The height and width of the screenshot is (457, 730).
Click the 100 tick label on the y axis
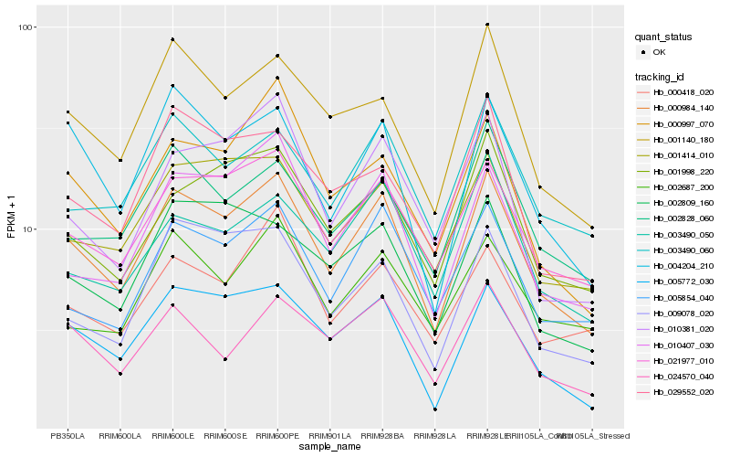(26, 27)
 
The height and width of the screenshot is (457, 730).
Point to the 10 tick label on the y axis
(27, 229)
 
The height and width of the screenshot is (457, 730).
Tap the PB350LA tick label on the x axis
(68, 436)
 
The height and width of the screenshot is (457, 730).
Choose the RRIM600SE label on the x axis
(224, 436)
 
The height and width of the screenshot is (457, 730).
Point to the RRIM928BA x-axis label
(382, 436)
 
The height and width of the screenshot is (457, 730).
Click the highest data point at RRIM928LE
(487, 25)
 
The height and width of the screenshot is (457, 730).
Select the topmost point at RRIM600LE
(172, 39)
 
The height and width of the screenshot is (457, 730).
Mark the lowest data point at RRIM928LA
(435, 409)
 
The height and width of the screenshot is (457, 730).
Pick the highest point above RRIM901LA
(330, 116)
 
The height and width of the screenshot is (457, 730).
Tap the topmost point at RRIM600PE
(277, 56)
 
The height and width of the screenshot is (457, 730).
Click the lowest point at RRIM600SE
(224, 359)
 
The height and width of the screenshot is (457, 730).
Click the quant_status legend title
(666, 37)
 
